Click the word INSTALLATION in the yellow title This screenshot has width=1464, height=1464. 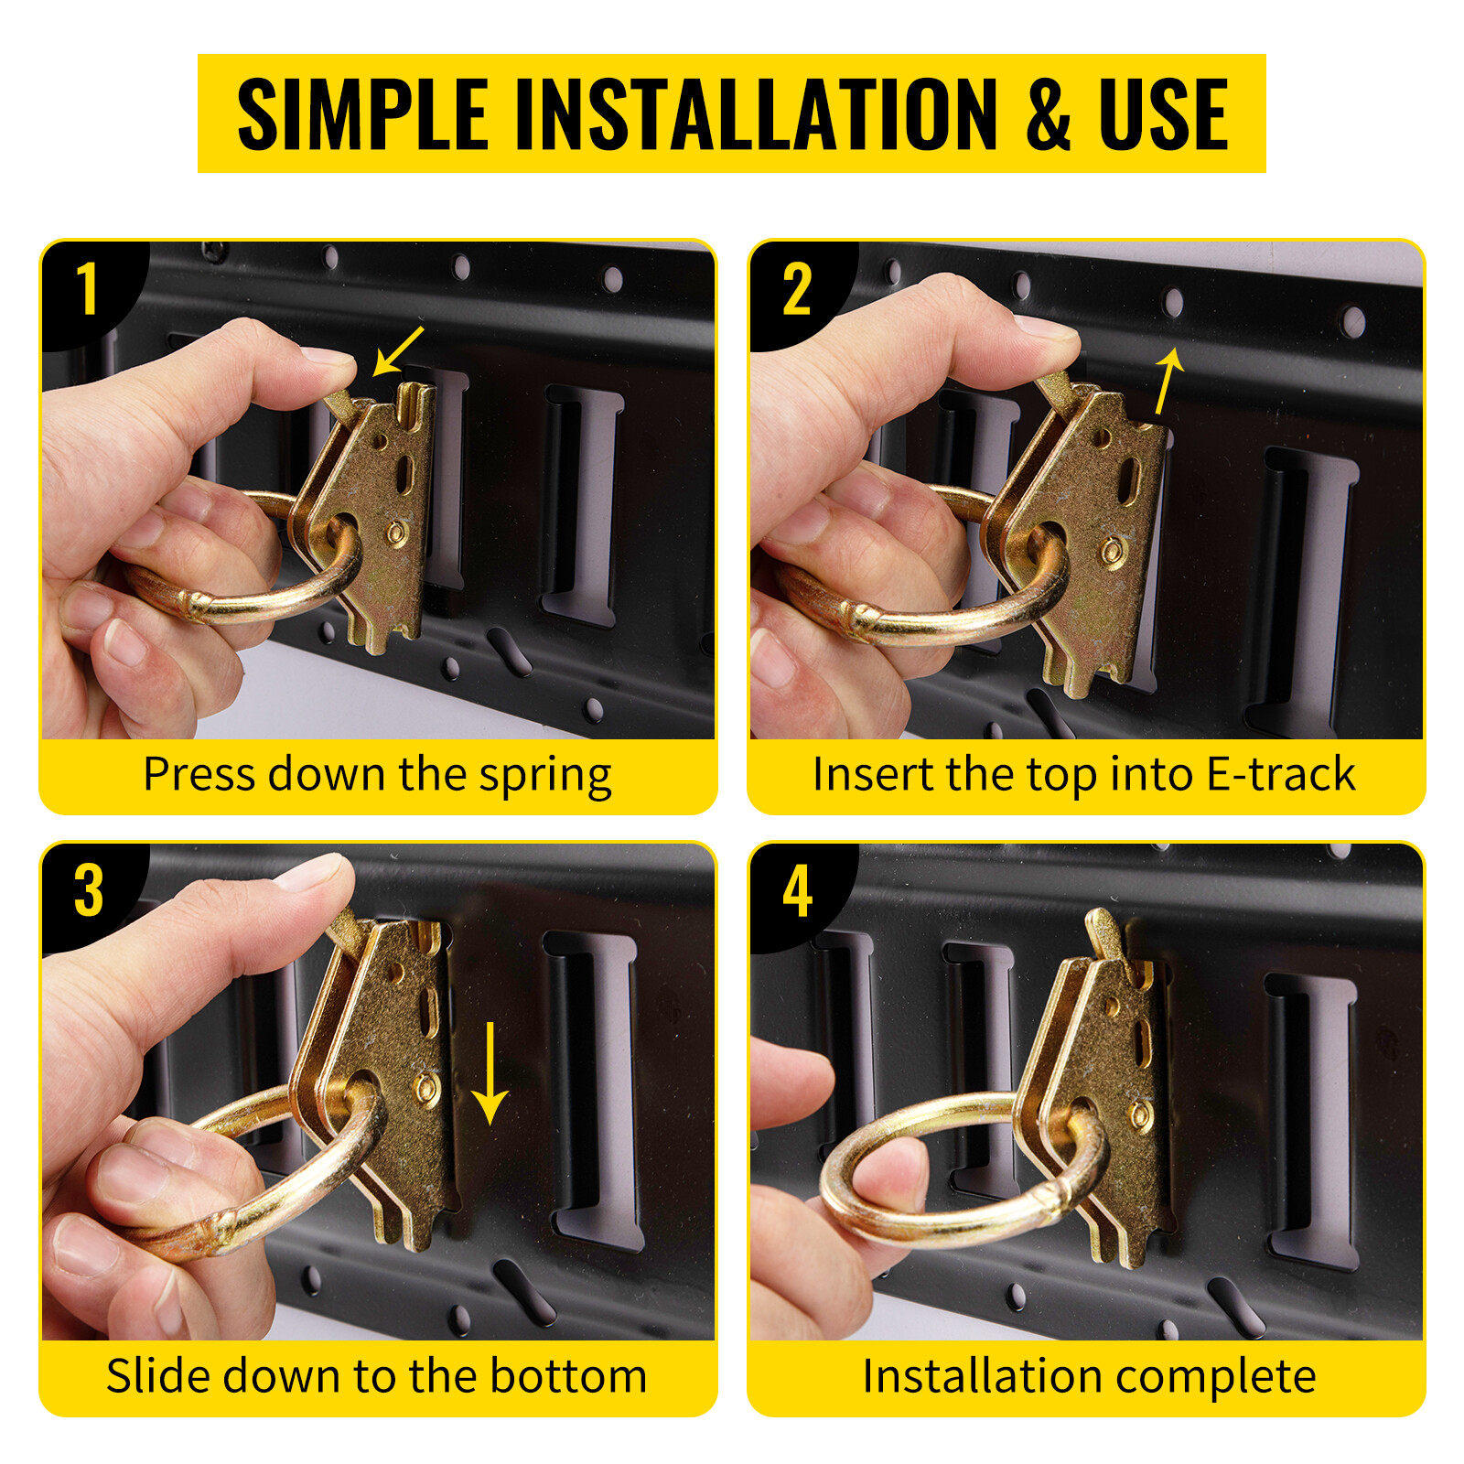(x=757, y=113)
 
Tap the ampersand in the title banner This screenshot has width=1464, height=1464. (x=1049, y=113)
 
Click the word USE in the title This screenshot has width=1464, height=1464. (x=1163, y=113)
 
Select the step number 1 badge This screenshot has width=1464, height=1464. (x=88, y=290)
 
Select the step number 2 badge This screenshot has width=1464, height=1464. (x=797, y=290)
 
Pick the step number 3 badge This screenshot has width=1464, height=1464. (x=88, y=891)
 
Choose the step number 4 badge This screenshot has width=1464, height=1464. (x=797, y=891)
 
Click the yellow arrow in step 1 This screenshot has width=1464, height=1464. (x=398, y=350)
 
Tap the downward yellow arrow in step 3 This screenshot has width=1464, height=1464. (x=490, y=1073)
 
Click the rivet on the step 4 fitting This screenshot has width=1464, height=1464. (x=1139, y=1114)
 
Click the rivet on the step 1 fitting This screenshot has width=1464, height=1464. (x=396, y=533)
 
